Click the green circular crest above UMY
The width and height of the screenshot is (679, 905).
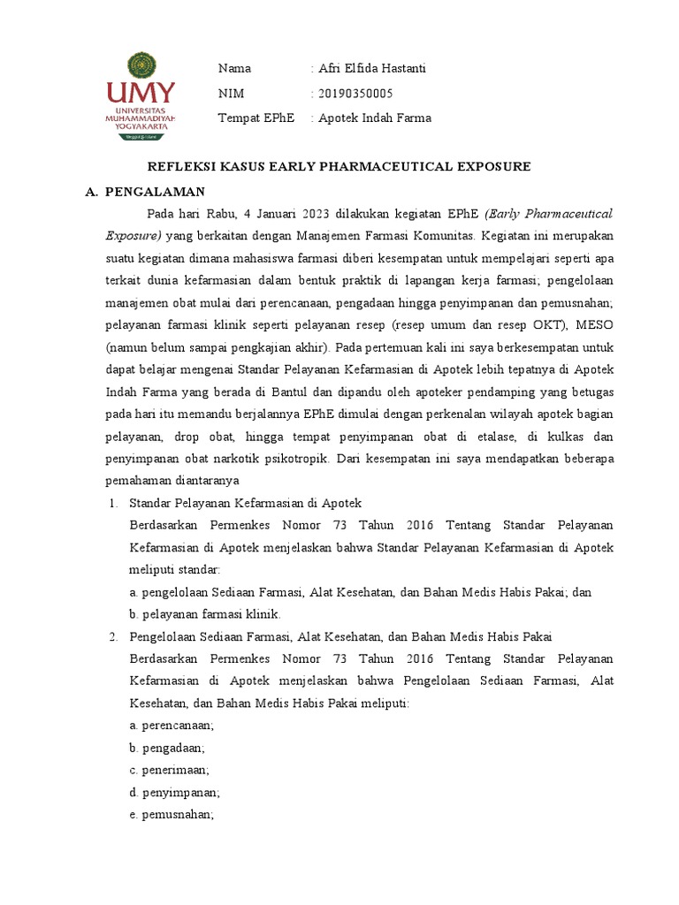141,65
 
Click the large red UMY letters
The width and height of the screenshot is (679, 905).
141,94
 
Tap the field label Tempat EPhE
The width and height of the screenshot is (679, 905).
256,118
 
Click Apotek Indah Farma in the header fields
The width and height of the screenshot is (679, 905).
375,118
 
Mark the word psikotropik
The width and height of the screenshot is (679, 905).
297,460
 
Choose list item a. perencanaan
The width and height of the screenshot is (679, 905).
172,726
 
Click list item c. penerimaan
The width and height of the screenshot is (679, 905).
170,771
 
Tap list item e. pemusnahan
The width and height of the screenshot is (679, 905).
172,815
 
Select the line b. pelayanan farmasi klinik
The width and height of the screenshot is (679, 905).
204,614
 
